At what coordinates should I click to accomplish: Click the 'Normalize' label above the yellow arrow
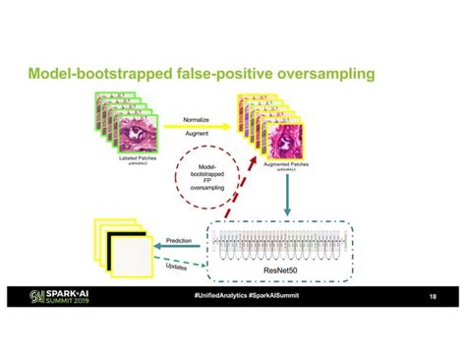coord(196,119)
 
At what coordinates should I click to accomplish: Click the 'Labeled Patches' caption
coord(127,158)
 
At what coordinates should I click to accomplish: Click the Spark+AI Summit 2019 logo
coord(62,296)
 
